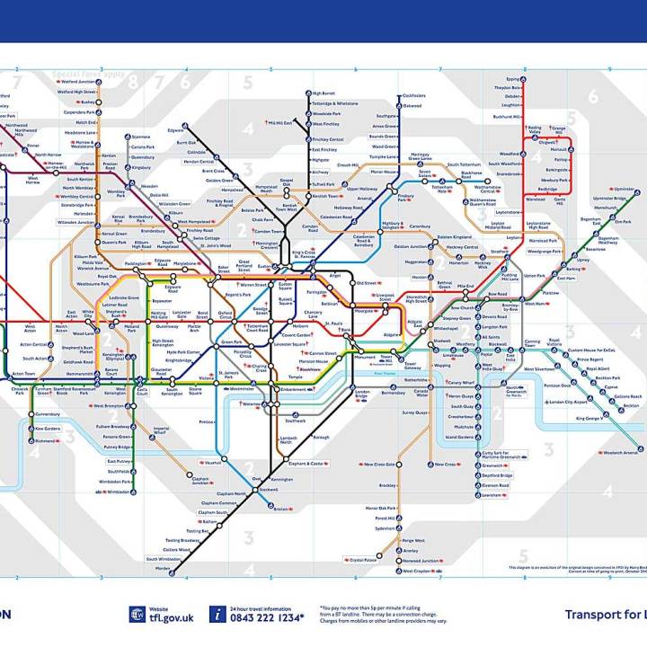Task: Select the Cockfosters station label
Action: tap(414, 95)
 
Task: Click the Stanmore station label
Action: tap(141, 137)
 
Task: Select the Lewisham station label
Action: tap(492, 494)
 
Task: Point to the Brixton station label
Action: tap(281, 510)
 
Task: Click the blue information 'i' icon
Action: tap(217, 614)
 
